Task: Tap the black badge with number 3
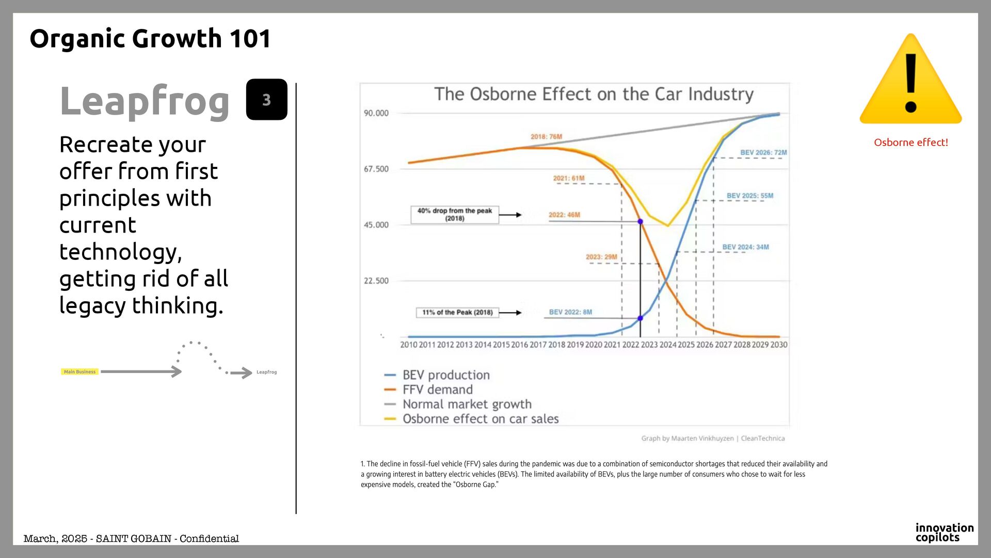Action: pyautogui.click(x=266, y=100)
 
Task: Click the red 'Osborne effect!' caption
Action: pyautogui.click(x=910, y=143)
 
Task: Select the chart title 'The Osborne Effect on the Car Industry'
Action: pyautogui.click(x=594, y=94)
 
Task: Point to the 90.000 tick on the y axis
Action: pyautogui.click(x=376, y=113)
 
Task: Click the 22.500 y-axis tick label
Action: pyautogui.click(x=376, y=281)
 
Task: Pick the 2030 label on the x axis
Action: pyautogui.click(x=779, y=345)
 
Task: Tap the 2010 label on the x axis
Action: pyautogui.click(x=409, y=345)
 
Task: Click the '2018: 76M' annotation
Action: pyautogui.click(x=546, y=137)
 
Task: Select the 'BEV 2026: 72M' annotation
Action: pyautogui.click(x=763, y=152)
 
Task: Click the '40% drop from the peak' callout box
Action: pyautogui.click(x=455, y=214)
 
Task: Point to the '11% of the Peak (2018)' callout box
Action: pyautogui.click(x=457, y=313)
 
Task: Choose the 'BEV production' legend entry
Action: pyautogui.click(x=446, y=375)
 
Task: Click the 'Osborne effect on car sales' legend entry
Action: pyautogui.click(x=480, y=419)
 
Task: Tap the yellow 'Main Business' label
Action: pyautogui.click(x=79, y=372)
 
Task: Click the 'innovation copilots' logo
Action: pyautogui.click(x=944, y=532)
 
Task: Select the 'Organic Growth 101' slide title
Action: pyautogui.click(x=150, y=39)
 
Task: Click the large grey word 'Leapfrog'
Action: pyautogui.click(x=145, y=101)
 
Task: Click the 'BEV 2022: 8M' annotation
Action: pyautogui.click(x=570, y=312)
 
